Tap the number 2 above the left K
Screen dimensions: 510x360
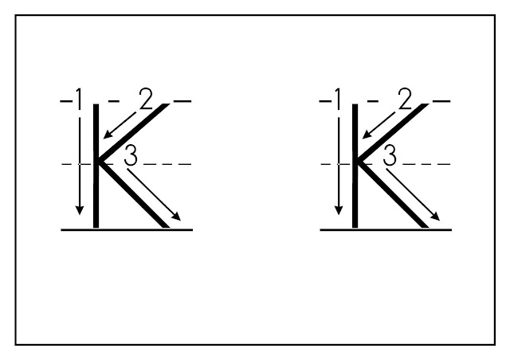(x=144, y=100)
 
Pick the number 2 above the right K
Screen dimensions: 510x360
(x=404, y=100)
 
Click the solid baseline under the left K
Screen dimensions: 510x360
(x=127, y=229)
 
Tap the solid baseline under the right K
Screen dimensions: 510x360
(x=387, y=229)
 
